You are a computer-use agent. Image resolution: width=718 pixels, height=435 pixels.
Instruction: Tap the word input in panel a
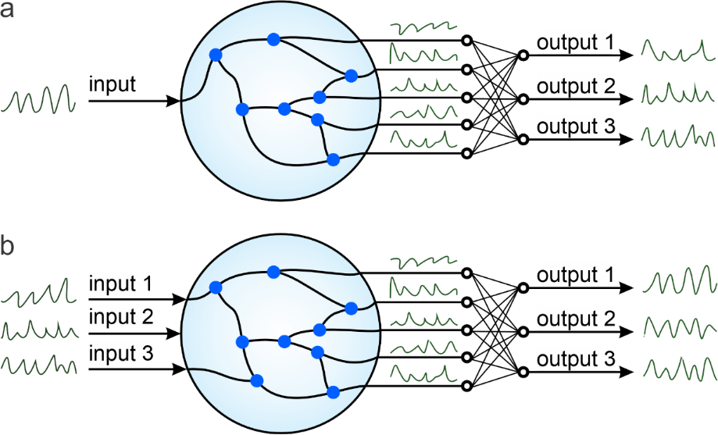point(113,84)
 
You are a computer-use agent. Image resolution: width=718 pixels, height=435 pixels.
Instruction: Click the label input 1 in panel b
point(121,283)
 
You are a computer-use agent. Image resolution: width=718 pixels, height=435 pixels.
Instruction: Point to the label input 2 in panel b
point(121,318)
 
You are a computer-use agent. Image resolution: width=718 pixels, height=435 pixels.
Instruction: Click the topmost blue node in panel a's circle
point(273,38)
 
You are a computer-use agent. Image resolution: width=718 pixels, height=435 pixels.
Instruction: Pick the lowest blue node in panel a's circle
point(334,159)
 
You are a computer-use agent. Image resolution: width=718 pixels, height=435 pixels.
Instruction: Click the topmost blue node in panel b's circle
point(273,271)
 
